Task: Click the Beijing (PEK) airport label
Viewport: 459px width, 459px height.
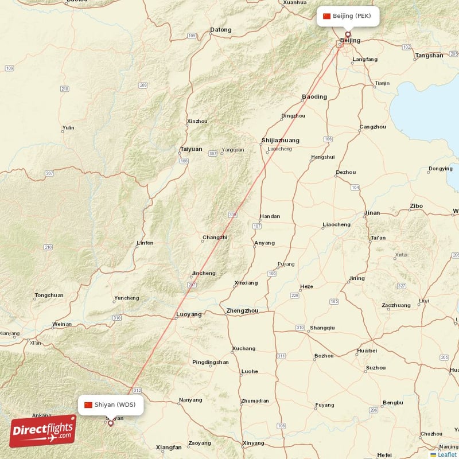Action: [348, 16]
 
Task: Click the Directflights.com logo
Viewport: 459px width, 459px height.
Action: [42, 431]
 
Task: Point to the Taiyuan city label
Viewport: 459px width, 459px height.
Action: [191, 149]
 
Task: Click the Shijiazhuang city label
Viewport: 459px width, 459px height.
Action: [280, 140]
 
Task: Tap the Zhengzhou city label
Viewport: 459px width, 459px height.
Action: [242, 311]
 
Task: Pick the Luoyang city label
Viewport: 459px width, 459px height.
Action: [189, 314]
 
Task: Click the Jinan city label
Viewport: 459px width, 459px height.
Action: [372, 213]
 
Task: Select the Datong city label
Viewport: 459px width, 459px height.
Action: [221, 30]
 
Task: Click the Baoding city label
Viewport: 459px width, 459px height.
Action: [314, 96]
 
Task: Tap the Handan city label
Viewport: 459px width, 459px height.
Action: [270, 216]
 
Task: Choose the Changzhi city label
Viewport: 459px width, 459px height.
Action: [215, 238]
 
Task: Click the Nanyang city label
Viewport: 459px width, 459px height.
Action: [190, 400]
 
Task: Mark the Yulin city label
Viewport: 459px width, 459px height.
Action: [68, 127]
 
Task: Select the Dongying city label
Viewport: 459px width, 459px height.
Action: [440, 169]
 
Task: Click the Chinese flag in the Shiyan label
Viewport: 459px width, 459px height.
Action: [88, 405]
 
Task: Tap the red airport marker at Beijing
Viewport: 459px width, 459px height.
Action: [347, 34]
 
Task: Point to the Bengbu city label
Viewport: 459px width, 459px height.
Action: [392, 403]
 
